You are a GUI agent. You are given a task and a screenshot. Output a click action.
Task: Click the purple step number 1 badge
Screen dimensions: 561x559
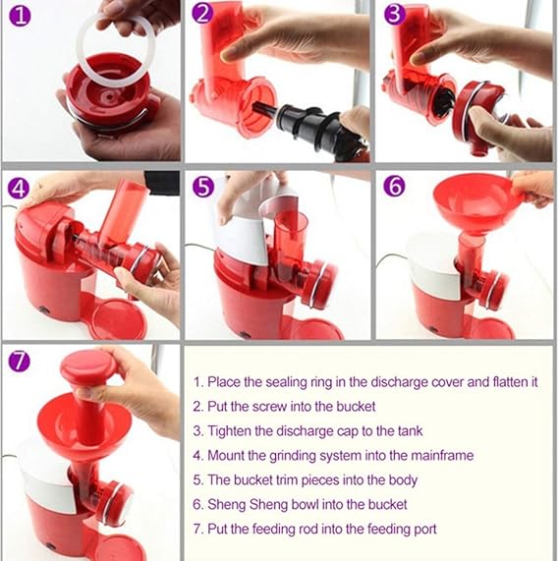19,16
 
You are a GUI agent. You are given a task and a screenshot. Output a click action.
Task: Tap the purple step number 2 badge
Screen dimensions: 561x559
203,15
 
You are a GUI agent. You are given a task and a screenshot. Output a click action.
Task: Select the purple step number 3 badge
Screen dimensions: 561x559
394,15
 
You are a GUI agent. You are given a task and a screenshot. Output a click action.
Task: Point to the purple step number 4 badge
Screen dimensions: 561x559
19,188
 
